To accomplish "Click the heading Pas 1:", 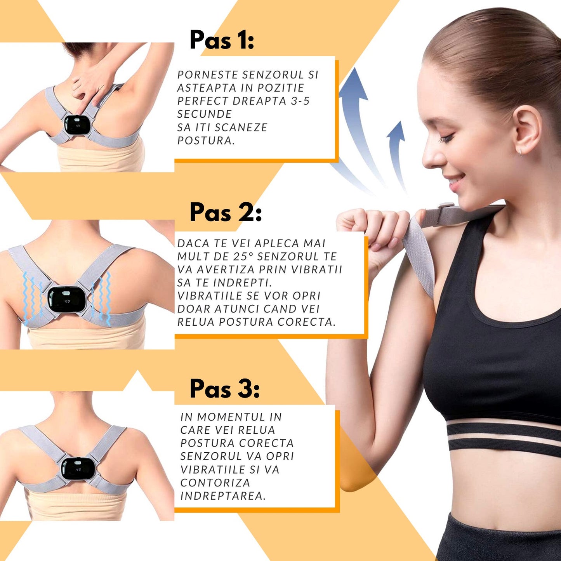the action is click(222, 40).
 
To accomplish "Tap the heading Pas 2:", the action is click(226, 212).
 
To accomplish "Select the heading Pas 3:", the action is click(224, 389).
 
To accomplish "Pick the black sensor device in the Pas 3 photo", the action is click(77, 470).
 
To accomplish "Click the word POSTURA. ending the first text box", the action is click(206, 141).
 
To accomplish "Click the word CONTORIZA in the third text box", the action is click(215, 483).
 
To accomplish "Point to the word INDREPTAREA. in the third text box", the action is click(223, 496).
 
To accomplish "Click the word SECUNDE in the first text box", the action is click(204, 114).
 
